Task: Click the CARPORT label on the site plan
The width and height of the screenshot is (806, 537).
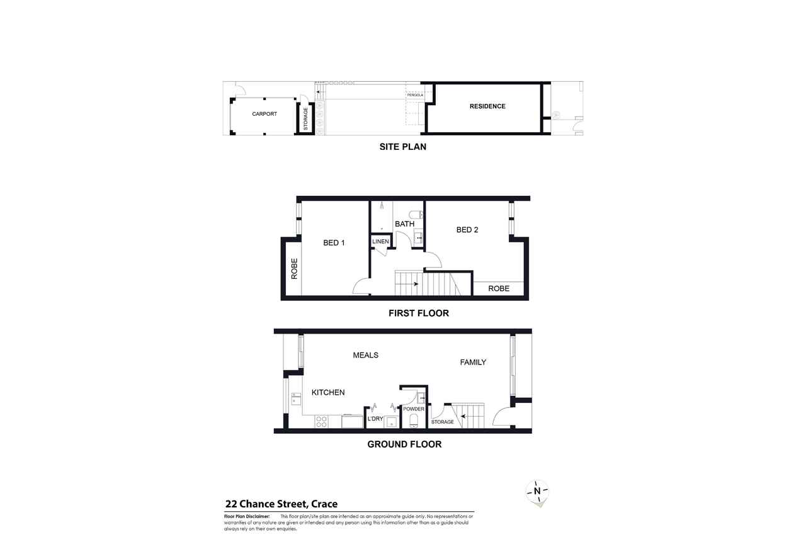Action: (x=264, y=114)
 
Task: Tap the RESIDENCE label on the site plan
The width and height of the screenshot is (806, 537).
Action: (x=487, y=106)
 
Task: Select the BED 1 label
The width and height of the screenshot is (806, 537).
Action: (x=334, y=243)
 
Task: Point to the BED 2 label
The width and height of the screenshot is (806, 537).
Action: (x=467, y=230)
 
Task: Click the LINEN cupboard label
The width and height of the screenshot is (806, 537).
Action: (x=381, y=242)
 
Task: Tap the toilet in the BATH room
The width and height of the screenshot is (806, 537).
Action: (x=416, y=214)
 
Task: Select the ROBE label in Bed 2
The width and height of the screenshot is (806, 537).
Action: (x=499, y=289)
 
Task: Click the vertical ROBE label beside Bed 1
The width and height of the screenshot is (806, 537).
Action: (x=293, y=269)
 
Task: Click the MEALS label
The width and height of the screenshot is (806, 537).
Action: (x=365, y=355)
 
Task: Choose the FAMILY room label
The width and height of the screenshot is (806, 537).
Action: (x=473, y=362)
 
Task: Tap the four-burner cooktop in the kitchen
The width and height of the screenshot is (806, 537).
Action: (x=321, y=421)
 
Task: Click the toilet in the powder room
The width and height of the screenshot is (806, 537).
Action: (x=414, y=421)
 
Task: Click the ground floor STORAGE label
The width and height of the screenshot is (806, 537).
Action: (x=442, y=422)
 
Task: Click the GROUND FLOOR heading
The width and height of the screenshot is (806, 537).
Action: (x=404, y=444)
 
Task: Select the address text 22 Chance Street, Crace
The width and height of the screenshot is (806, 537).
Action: (x=281, y=504)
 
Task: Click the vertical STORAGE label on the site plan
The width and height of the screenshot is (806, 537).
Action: (x=306, y=119)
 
